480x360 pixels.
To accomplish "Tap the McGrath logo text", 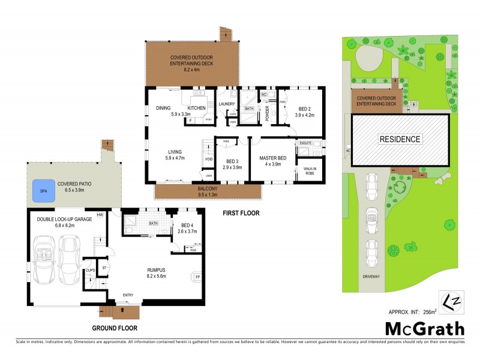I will pos(424,328).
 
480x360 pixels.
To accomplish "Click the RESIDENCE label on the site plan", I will pos(400,139).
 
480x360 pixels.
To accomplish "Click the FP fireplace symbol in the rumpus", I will pos(199,277).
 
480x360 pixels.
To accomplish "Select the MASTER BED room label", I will pos(272,158).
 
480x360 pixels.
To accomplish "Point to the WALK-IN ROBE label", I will pos(311,171).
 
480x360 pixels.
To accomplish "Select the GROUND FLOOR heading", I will pos(115,328).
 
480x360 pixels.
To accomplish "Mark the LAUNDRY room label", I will pos(227,104).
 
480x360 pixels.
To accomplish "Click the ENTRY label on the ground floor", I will pos(128,295).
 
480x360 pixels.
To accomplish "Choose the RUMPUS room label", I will pos(157,270).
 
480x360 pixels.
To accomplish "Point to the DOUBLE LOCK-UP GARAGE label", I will pos(64,220).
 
